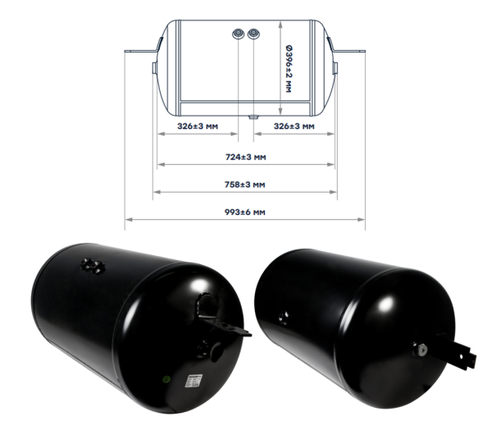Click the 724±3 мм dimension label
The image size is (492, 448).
click(x=246, y=157)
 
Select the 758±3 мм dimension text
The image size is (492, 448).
click(x=245, y=185)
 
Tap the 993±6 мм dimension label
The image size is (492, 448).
click(x=245, y=212)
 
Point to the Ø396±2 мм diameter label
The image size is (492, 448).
click(x=289, y=69)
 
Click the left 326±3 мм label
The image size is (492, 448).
click(x=198, y=126)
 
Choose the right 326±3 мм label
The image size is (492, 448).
click(x=294, y=126)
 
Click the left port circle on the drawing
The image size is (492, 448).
click(x=239, y=34)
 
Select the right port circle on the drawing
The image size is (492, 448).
click(x=253, y=34)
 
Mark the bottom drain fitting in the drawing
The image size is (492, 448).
click(x=253, y=117)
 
